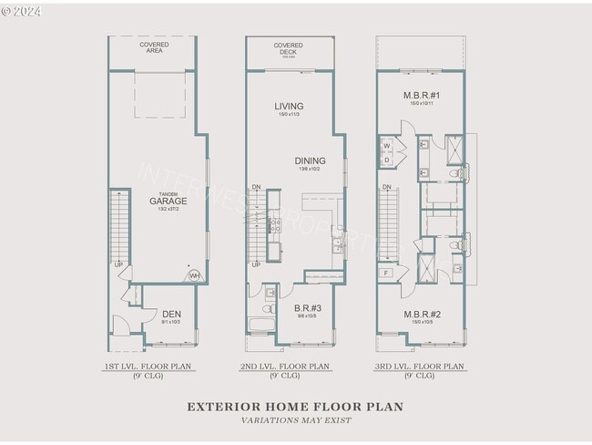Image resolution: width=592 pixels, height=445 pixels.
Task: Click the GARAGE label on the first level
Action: (x=168, y=201)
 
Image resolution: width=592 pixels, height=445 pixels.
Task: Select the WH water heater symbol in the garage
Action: (x=194, y=275)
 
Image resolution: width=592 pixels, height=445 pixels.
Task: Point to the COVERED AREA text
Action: (x=154, y=48)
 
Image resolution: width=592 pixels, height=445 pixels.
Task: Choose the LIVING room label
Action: (x=289, y=107)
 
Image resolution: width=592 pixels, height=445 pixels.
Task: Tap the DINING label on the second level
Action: (x=310, y=160)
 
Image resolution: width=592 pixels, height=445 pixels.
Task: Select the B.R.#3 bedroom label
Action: (x=306, y=308)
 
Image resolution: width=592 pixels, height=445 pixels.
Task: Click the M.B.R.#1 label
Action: (x=422, y=96)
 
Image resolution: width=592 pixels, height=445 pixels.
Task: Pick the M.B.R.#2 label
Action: (x=422, y=315)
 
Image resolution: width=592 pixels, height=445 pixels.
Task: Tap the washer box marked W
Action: (x=387, y=146)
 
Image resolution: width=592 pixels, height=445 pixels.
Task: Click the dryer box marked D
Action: (x=387, y=160)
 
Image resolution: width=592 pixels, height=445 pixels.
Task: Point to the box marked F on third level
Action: (x=387, y=273)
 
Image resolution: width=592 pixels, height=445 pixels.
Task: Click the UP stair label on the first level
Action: (x=118, y=265)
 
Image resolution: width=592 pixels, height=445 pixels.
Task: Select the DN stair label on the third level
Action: (x=387, y=187)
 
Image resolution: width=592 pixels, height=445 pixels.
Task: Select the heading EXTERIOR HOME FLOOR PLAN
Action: (x=295, y=407)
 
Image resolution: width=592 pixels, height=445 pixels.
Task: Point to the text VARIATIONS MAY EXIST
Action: (x=295, y=420)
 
